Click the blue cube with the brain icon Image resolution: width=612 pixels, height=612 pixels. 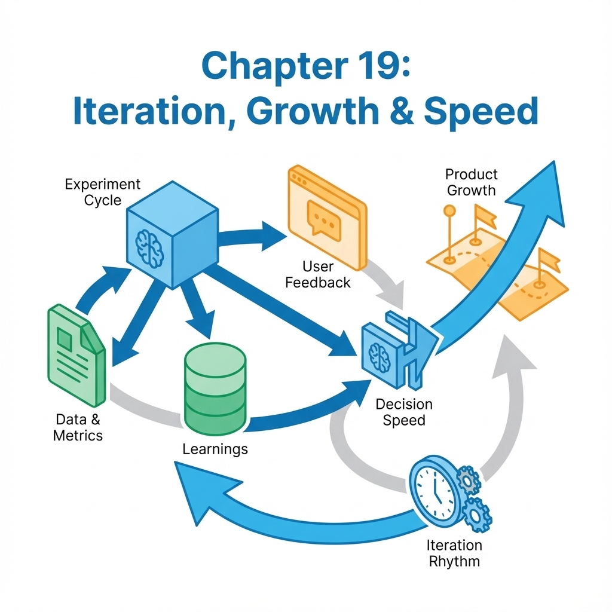(172, 234)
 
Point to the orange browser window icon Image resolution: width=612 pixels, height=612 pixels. (328, 218)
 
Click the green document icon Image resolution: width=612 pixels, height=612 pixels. (76, 355)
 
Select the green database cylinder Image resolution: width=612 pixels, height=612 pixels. (215, 389)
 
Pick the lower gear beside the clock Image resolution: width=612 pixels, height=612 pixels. (476, 515)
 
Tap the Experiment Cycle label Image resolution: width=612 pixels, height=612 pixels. (103, 192)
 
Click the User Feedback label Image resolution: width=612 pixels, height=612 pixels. (318, 274)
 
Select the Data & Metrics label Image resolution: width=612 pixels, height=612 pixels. (78, 427)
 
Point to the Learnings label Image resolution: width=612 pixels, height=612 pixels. (215, 449)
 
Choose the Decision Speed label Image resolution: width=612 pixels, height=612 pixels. (404, 412)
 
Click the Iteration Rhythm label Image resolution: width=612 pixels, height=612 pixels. (454, 553)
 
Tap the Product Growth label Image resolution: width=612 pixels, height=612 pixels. (472, 182)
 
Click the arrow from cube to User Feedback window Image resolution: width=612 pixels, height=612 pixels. (252, 237)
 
